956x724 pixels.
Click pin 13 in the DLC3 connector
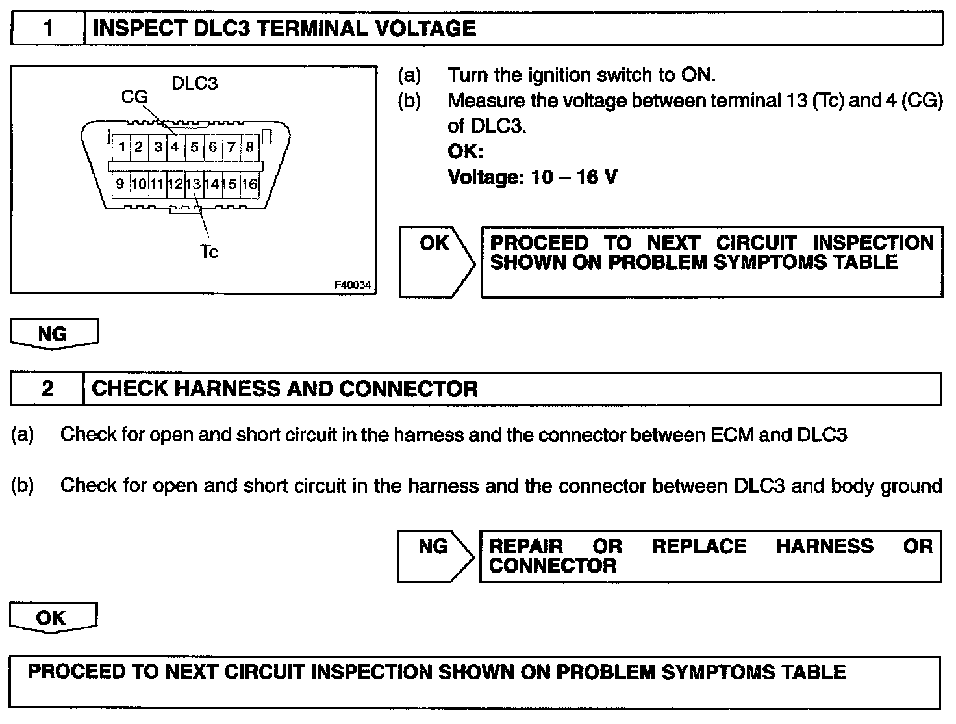194,184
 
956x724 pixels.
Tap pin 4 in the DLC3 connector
175,146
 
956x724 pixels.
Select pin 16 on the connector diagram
249,184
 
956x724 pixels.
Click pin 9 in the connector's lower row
120,184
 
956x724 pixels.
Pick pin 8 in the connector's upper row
249,146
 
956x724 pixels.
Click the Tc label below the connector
209,252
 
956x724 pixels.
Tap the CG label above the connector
134,97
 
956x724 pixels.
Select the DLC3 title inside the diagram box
194,83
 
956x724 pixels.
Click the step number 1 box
48,29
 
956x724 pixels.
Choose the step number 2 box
47,389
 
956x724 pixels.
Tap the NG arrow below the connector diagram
54,334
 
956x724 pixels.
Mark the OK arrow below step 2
52,617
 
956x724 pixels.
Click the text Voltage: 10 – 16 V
533,177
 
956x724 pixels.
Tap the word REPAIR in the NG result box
526,546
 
